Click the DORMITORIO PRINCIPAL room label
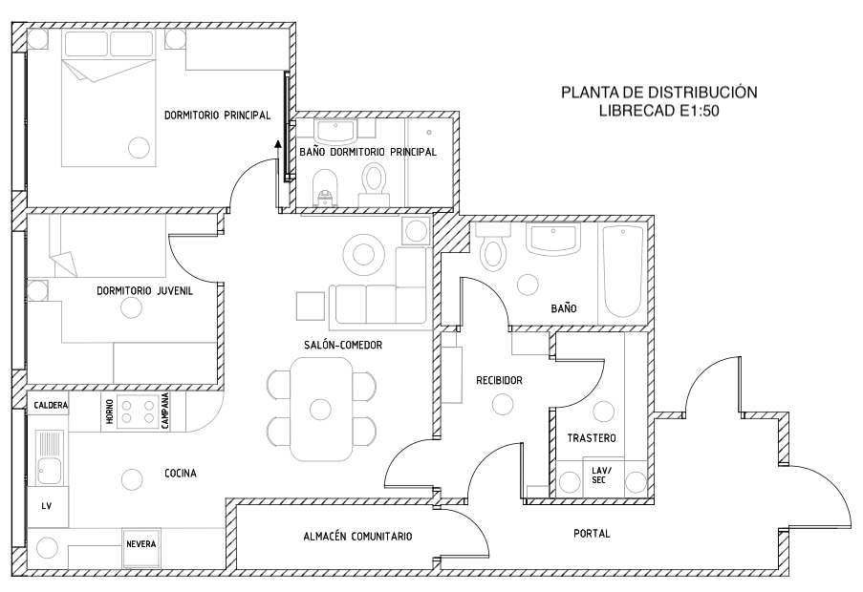(x=217, y=116)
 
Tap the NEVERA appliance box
(x=141, y=549)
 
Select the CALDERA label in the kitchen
(x=51, y=405)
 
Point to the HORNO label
(x=110, y=412)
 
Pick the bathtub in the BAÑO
(x=623, y=271)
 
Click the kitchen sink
(x=49, y=456)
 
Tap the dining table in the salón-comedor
(x=321, y=409)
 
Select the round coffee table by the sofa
(x=363, y=255)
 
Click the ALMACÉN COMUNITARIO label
(x=357, y=537)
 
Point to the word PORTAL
(x=592, y=533)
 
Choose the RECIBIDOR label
(x=499, y=380)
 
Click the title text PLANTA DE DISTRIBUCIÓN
(x=659, y=92)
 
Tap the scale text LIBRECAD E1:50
(x=659, y=111)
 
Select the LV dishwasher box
(x=48, y=506)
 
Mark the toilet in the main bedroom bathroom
(x=375, y=185)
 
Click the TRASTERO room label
(x=592, y=438)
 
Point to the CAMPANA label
(x=164, y=412)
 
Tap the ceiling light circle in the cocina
(x=132, y=479)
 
